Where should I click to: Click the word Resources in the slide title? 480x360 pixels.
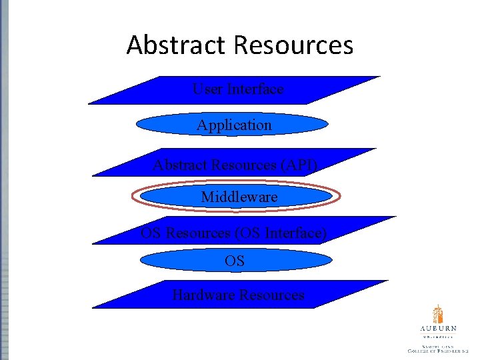(x=293, y=45)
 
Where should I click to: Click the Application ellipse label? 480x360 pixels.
(x=234, y=125)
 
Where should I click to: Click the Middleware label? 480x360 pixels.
(x=239, y=197)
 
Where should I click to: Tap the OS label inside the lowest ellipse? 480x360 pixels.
(x=235, y=261)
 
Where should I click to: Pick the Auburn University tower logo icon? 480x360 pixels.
(x=437, y=314)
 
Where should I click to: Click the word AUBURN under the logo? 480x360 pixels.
(x=438, y=329)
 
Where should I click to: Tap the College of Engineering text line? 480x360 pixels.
(x=438, y=350)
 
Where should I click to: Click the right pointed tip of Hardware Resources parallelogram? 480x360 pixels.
(x=387, y=281)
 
